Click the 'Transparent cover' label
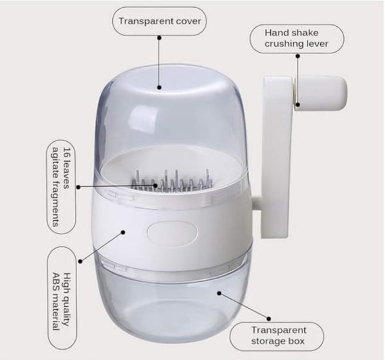pos(160,21)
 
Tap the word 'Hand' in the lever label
pos(276,33)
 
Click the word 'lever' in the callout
pos(316,44)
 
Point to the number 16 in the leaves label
pos(66,152)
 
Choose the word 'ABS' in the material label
pos(56,282)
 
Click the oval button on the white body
pos(172,234)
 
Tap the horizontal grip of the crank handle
pos(320,93)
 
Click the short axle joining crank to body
pos(256,203)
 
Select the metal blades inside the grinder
pos(172,182)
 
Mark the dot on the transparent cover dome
pos(159,87)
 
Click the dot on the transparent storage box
pos(219,293)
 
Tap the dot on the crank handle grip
pos(298,105)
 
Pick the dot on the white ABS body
pos(123,232)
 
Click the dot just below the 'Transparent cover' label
pos(159,38)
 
